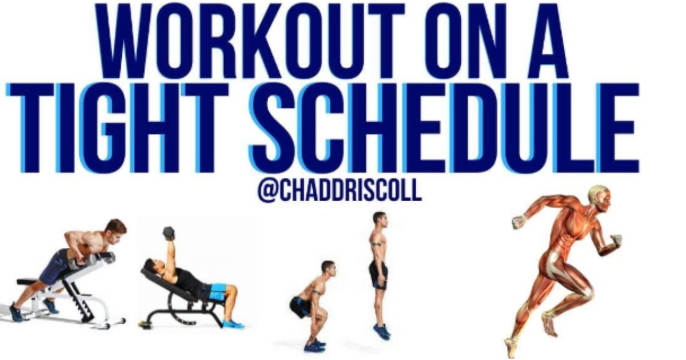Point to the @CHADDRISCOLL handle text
[x=340, y=190]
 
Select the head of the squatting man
[x=328, y=268]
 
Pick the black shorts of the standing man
[x=378, y=274]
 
